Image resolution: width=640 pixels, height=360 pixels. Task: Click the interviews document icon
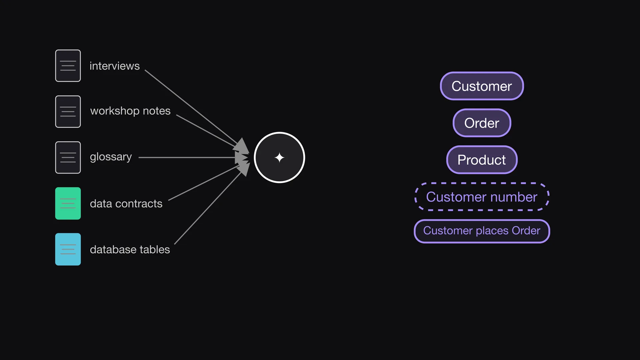pos(68,66)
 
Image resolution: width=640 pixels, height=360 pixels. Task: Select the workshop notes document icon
pos(68,112)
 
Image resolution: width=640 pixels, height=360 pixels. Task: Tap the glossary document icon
pos(68,157)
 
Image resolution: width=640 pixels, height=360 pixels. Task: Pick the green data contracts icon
pos(68,203)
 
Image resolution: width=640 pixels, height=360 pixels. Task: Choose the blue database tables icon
pos(68,249)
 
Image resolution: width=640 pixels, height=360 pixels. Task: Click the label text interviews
pos(115,66)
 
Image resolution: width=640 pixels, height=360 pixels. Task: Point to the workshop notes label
pos(130,111)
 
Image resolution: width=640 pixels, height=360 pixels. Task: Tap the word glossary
pos(111,157)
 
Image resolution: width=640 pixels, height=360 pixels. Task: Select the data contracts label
pos(126,204)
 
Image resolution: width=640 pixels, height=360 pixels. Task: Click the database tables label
pos(130,249)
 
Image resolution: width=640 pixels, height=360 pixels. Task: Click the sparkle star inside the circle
pos(279,158)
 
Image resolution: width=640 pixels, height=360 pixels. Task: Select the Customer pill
pos(482,86)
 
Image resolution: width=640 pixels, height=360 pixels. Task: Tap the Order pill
pos(482,123)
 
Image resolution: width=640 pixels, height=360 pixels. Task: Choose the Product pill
pos(482,160)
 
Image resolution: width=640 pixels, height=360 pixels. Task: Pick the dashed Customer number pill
pos(482,197)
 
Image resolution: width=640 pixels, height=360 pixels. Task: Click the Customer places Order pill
pos(482,231)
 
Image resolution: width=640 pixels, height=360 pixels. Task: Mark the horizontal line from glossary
pos(193,157)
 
